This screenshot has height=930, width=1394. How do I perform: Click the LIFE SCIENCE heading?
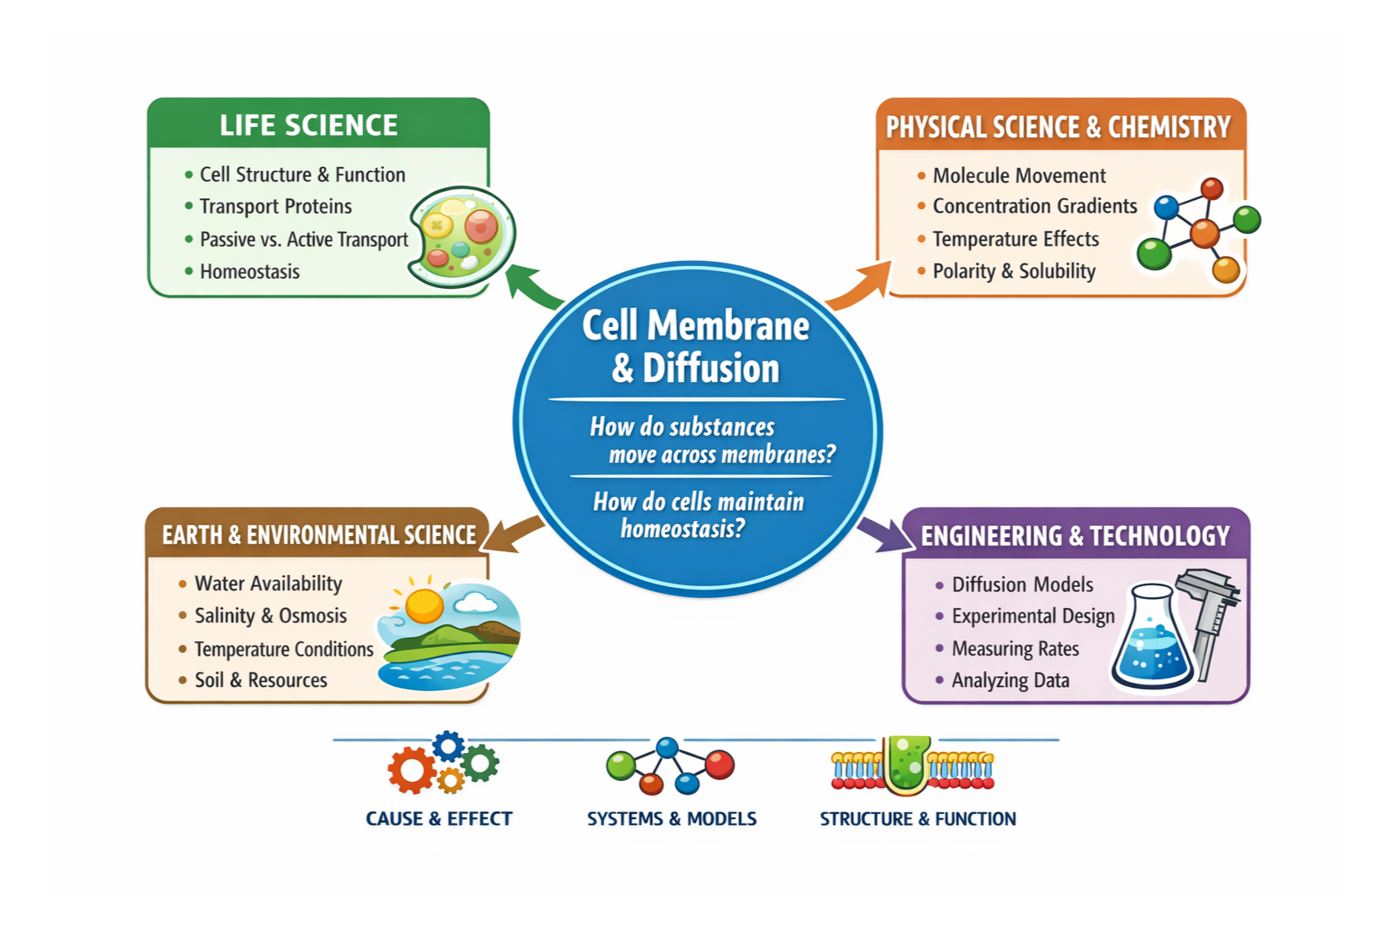[x=308, y=125]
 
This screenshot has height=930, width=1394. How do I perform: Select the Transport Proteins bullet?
[x=275, y=207]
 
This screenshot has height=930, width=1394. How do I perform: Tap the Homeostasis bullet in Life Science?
[x=249, y=272]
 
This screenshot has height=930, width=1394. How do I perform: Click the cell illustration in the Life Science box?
[x=461, y=236]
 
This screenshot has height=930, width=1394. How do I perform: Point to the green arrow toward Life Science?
[x=533, y=285]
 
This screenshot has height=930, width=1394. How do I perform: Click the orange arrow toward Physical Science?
[x=859, y=285]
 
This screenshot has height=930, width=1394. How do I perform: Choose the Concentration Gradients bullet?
[x=1033, y=207]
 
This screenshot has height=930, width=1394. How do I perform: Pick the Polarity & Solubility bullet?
[x=1013, y=272]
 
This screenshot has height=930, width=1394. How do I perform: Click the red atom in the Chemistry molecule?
[x=1212, y=188]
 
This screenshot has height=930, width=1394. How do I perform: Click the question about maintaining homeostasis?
[x=697, y=515]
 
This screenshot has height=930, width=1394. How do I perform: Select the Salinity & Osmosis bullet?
[x=270, y=616]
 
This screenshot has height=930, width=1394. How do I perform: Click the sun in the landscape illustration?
[x=424, y=605]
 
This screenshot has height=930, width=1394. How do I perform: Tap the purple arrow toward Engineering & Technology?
[x=883, y=534]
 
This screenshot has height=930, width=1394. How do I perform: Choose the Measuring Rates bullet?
[x=1015, y=649]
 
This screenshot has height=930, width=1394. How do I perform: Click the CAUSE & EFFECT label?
[x=438, y=819]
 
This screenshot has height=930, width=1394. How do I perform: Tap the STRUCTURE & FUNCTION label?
[x=917, y=819]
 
